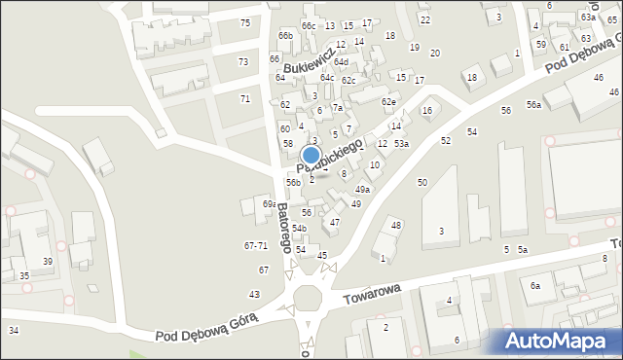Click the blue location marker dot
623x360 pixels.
tap(311, 155)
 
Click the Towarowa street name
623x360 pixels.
tap(373, 291)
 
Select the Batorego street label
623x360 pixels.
tap(283, 228)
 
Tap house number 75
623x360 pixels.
tap(244, 22)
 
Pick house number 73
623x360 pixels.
tap(242, 61)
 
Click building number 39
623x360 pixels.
tap(47, 261)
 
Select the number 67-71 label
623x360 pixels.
tap(255, 245)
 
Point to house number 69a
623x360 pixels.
tap(270, 203)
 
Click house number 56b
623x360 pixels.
tap(293, 182)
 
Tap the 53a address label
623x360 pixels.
tap(401, 144)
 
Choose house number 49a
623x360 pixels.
tap(362, 189)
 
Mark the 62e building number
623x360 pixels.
tap(388, 101)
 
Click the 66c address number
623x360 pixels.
tap(309, 25)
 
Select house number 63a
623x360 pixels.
tap(588, 18)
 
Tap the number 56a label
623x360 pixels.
tap(534, 104)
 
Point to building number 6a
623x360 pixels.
tap(534, 285)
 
